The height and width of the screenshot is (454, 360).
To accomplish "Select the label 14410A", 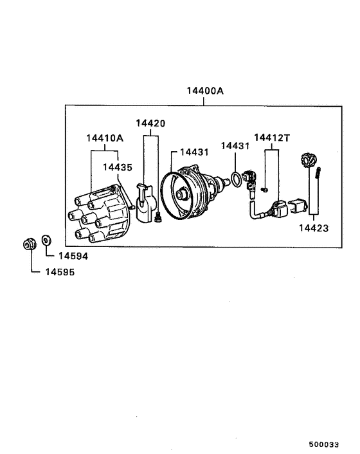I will pyautogui.click(x=105, y=138).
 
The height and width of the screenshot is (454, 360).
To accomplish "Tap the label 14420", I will pyautogui.click(x=150, y=123).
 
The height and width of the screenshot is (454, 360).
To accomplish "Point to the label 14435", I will pyautogui.click(x=118, y=167).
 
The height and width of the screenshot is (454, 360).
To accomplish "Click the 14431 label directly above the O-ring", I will pyautogui.click(x=235, y=147).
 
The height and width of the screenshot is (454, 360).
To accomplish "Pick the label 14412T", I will pyautogui.click(x=272, y=138).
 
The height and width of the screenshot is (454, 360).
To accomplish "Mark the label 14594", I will pyautogui.click(x=73, y=256).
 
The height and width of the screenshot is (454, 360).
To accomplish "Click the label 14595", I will pyautogui.click(x=59, y=272).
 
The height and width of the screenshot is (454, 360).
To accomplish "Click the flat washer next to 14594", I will pyautogui.click(x=46, y=241).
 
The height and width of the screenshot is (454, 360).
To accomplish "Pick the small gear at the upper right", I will pyautogui.click(x=307, y=159).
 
